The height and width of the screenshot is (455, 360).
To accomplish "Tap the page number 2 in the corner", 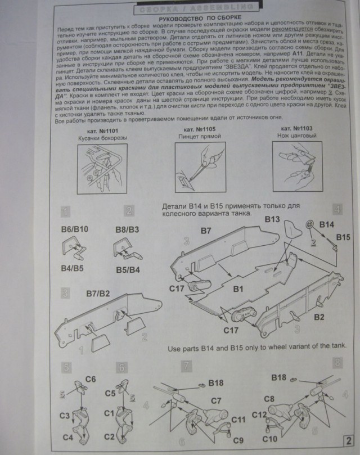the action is [x=349, y=440].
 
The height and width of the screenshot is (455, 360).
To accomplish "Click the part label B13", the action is [x=273, y=218].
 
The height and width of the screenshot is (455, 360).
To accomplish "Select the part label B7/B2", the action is [x=98, y=294].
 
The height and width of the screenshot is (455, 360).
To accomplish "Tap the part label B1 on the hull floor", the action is [x=237, y=290].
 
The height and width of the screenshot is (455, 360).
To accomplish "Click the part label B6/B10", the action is [x=73, y=229].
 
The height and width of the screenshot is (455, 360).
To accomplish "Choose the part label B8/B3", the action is [x=128, y=229].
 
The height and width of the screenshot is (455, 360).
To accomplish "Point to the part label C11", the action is [x=238, y=420].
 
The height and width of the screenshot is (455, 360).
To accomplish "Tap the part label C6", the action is [x=91, y=379].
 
